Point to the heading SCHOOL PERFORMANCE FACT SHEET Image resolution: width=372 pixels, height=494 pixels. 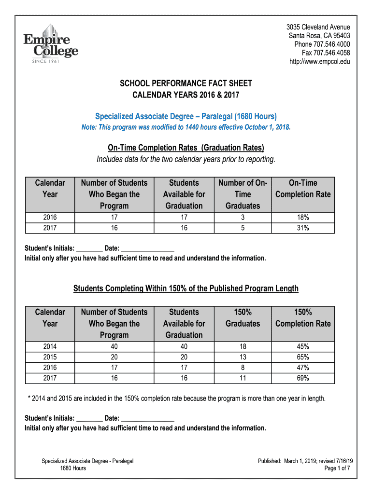coord(186,83)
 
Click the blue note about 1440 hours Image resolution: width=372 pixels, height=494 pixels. coord(186,127)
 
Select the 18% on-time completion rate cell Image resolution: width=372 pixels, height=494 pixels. coord(303,218)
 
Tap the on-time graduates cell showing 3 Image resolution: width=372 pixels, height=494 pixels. coord(243,218)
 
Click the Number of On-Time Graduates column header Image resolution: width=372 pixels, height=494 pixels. coord(243,194)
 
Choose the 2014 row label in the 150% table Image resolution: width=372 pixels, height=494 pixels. coord(50,347)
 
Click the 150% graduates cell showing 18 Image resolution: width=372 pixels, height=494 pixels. coord(243,347)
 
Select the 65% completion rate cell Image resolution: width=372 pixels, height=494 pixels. coord(303,357)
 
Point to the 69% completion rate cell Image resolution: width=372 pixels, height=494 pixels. coord(303,378)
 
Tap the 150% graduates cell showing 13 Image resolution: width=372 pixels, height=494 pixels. coord(243,357)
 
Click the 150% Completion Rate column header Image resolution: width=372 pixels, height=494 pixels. coord(303,318)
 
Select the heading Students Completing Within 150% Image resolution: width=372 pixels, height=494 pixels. coord(186,288)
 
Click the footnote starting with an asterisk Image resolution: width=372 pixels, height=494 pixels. coord(177,398)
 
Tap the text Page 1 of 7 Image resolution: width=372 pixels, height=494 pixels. coord(337,468)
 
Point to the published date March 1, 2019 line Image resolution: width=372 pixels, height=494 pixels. coord(304,461)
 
